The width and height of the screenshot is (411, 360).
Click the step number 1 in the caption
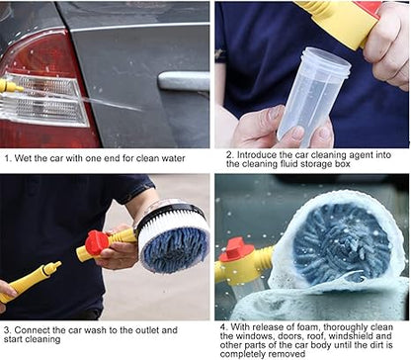click(x=6, y=156)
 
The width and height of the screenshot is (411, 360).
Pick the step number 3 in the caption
click(x=6, y=328)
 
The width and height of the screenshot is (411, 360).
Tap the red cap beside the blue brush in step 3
click(x=96, y=242)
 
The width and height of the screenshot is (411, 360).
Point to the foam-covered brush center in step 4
click(x=342, y=242)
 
